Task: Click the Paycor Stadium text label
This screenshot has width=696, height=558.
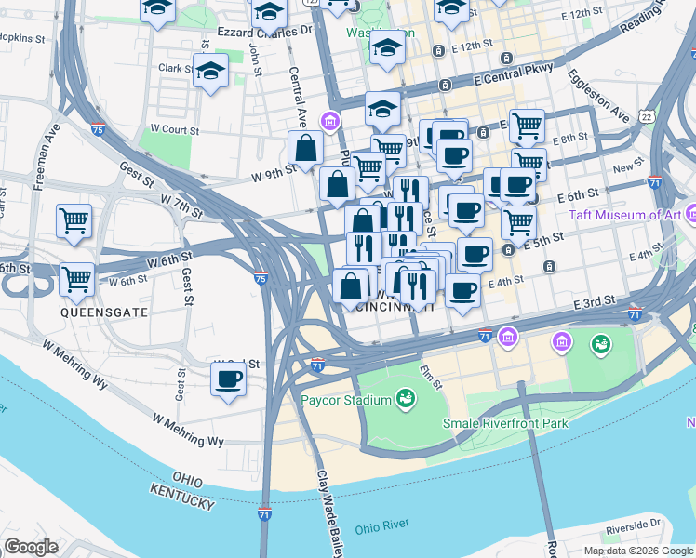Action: tap(344, 401)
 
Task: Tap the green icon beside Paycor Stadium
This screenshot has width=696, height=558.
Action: tap(405, 400)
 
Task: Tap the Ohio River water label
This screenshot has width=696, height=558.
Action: tap(381, 525)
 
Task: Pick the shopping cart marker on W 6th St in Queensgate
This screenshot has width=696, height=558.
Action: tap(76, 277)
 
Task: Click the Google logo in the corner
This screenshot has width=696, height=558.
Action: tap(31, 547)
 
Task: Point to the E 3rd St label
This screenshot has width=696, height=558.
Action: tap(596, 304)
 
